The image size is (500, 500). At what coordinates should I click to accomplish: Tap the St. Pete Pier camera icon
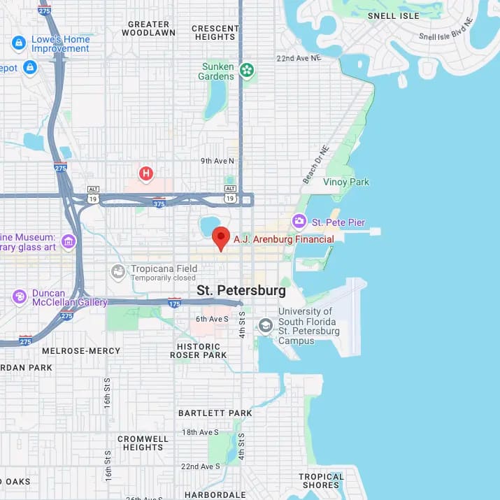[x=299, y=222]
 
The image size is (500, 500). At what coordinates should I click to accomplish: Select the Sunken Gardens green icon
[x=246, y=69]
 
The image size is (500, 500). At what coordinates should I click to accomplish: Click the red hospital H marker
[x=145, y=173]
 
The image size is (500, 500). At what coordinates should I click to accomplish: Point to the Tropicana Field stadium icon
[x=119, y=271]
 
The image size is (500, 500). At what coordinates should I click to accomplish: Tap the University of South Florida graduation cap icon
[x=265, y=325]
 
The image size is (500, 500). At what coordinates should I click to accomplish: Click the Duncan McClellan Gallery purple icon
[x=19, y=297]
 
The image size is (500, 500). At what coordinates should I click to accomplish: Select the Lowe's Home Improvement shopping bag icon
[x=19, y=43]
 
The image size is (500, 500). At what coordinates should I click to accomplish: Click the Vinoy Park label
[x=345, y=182]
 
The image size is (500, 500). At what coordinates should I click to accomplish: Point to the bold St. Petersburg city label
[x=241, y=290]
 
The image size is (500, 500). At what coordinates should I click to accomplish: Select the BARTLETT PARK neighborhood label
[x=215, y=413]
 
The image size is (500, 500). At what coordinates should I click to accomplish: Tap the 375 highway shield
[x=159, y=203]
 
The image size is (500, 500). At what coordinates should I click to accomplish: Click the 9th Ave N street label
[x=217, y=161]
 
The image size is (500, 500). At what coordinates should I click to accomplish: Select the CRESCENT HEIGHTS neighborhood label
[x=214, y=32]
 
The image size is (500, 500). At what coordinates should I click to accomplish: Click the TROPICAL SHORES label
[x=321, y=481]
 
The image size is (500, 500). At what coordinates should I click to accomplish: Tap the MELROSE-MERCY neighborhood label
[x=81, y=351]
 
